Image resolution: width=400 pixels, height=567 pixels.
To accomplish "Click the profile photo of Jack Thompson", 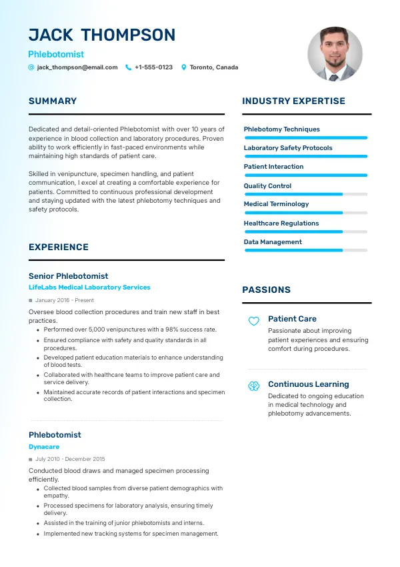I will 335,54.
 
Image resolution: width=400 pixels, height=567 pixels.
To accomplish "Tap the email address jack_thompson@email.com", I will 77,67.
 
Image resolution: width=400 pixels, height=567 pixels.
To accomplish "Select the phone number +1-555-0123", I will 153,67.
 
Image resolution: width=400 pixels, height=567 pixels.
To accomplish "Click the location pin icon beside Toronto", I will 184,67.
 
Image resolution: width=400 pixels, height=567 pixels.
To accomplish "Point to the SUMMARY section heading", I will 53,101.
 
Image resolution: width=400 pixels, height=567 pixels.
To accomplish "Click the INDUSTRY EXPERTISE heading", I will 293,101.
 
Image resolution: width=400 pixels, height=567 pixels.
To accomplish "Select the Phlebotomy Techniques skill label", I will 281,129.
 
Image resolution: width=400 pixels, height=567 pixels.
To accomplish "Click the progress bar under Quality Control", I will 306,194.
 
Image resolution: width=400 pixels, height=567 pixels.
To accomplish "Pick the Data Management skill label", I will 273,242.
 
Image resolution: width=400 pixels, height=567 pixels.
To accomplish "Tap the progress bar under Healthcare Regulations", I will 306,231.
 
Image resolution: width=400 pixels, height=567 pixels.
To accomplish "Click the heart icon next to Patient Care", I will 253,321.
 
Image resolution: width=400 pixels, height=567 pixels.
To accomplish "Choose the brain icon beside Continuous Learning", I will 253,386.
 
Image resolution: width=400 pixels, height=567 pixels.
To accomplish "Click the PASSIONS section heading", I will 266,290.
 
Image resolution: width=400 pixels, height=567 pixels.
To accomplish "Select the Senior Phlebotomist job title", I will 68,276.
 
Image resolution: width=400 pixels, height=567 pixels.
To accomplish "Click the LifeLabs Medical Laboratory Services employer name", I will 89,288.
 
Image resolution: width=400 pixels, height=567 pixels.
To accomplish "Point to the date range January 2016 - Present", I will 64,300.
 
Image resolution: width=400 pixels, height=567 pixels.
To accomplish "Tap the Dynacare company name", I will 44,447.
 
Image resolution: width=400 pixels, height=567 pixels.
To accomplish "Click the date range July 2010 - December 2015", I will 70,459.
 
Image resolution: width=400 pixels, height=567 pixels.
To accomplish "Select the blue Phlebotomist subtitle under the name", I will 56,54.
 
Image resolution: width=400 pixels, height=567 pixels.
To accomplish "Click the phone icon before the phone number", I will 128,67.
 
